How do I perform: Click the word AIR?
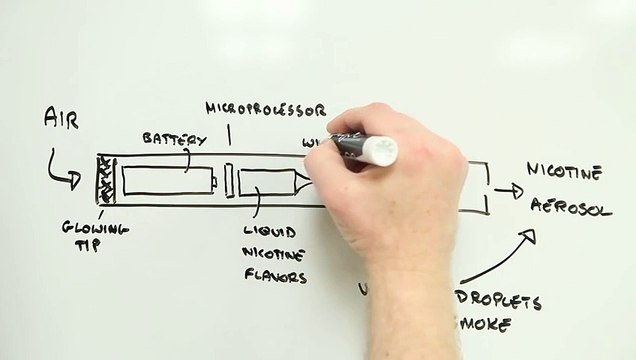61,119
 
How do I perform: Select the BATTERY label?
174,138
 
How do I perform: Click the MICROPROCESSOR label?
265,108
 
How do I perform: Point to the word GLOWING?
94,229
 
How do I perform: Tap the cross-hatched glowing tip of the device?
103,180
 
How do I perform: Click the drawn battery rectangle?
168,181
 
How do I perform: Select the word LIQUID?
269,230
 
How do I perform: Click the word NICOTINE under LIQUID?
272,253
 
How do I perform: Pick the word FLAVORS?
274,276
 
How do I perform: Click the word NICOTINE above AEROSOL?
563,172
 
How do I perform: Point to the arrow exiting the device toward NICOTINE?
508,190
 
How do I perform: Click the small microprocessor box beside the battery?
228,181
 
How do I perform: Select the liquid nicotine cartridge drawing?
270,182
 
